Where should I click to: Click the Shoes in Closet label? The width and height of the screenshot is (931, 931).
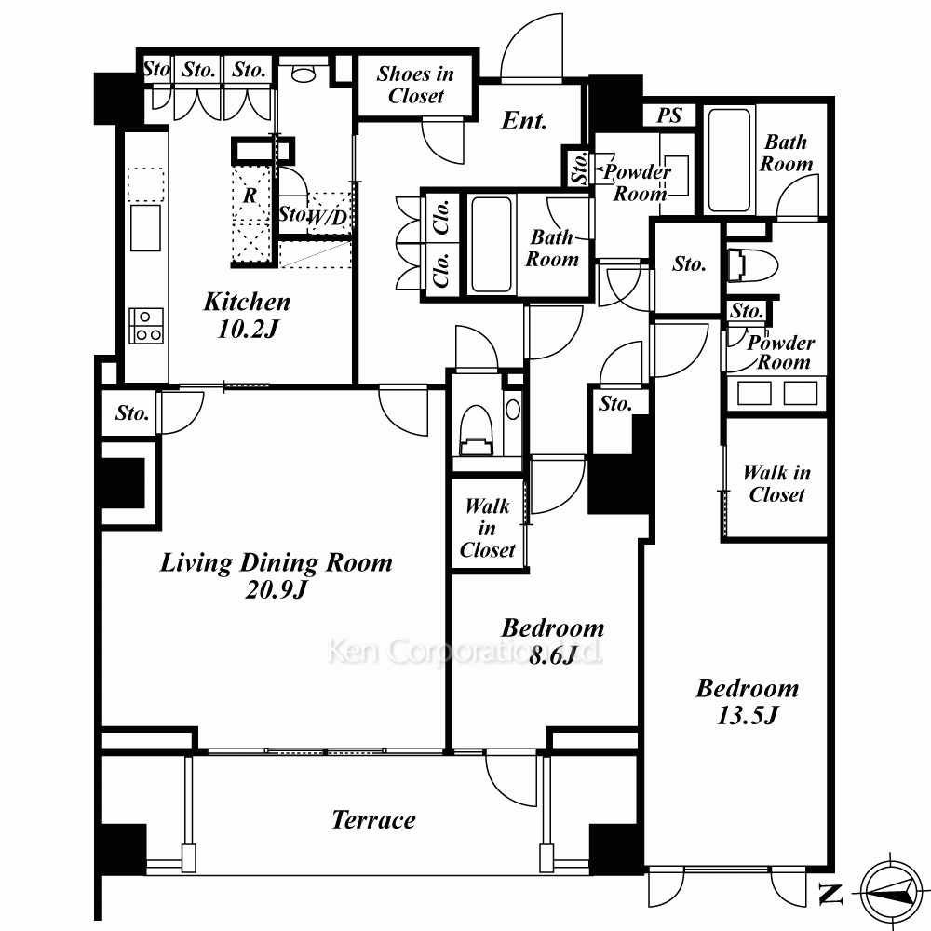[415, 85]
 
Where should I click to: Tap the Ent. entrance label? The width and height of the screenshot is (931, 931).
[523, 121]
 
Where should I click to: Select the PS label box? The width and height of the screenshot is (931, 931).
[669, 115]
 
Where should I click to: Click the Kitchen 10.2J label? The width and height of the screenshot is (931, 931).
[247, 315]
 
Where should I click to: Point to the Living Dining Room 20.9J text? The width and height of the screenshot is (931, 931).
[277, 575]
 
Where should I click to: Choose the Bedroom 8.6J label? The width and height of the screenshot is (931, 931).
[553, 641]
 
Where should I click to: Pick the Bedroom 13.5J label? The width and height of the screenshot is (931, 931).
[747, 701]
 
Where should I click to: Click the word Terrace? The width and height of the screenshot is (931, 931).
[373, 820]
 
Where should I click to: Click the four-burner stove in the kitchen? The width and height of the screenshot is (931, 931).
[146, 326]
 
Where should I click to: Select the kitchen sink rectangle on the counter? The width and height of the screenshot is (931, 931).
[145, 228]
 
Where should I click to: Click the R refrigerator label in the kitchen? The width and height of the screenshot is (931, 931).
[250, 195]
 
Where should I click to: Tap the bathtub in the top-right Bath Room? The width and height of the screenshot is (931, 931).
[729, 160]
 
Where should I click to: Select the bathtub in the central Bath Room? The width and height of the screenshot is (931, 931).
[491, 245]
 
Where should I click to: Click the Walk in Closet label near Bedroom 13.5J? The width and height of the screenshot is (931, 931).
[776, 483]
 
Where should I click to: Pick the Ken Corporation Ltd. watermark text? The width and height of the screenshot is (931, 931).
[465, 652]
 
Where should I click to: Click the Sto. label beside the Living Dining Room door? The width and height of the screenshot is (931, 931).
[132, 412]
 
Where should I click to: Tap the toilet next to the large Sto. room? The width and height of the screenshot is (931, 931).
[752, 264]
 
